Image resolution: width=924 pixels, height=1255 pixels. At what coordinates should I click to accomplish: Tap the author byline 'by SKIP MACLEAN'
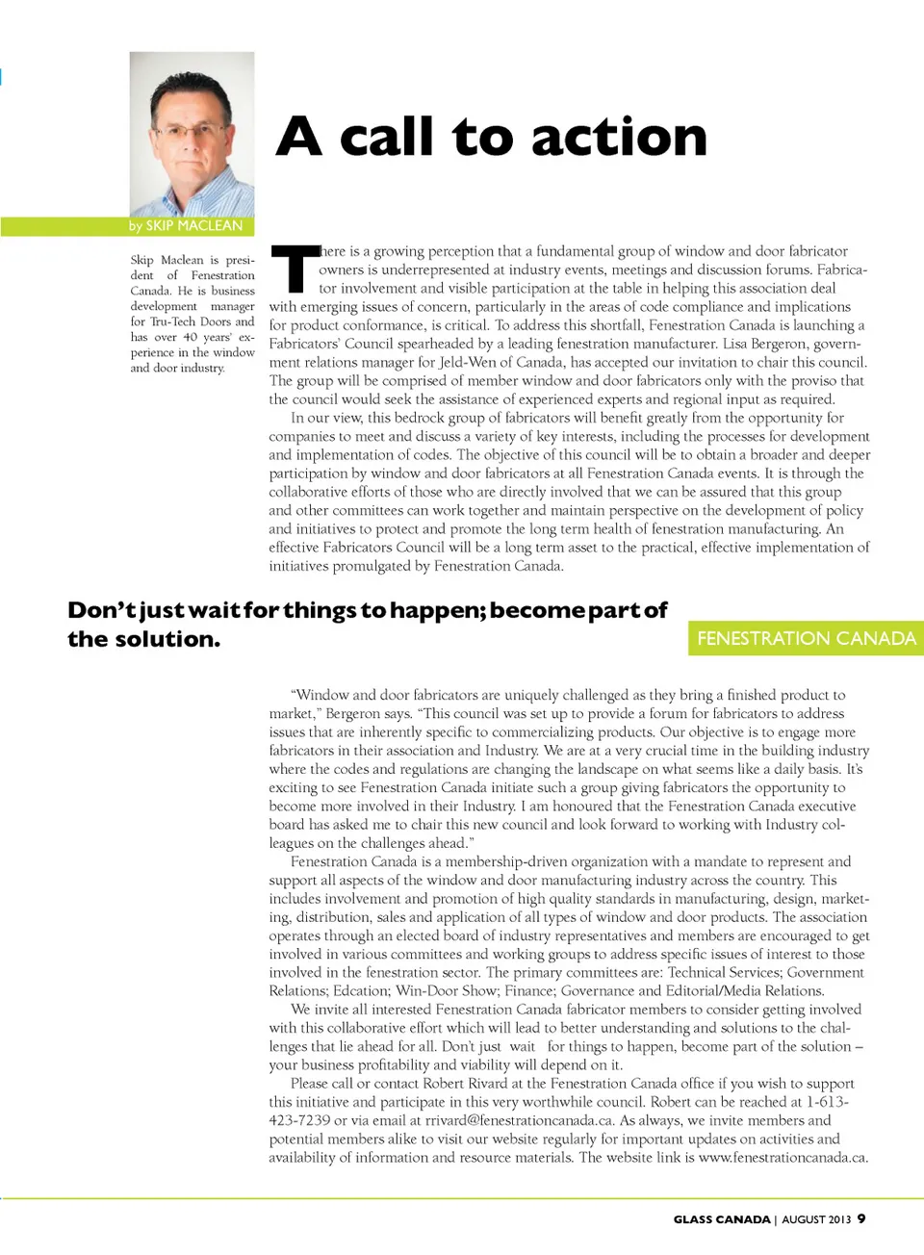click(x=186, y=225)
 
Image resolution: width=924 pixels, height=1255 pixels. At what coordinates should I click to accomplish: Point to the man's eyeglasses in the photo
click(x=190, y=131)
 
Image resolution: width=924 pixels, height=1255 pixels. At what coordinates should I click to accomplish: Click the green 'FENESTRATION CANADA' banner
click(x=806, y=638)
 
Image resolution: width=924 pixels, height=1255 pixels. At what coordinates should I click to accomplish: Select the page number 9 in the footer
click(x=861, y=1218)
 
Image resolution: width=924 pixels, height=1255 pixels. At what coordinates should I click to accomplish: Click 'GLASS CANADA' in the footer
click(x=722, y=1219)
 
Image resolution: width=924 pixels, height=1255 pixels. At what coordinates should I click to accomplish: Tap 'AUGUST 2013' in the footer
click(x=816, y=1219)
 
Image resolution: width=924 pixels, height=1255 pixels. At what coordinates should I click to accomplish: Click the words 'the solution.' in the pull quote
click(x=143, y=639)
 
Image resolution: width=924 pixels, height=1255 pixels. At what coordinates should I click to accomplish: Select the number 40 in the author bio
click(x=190, y=337)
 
